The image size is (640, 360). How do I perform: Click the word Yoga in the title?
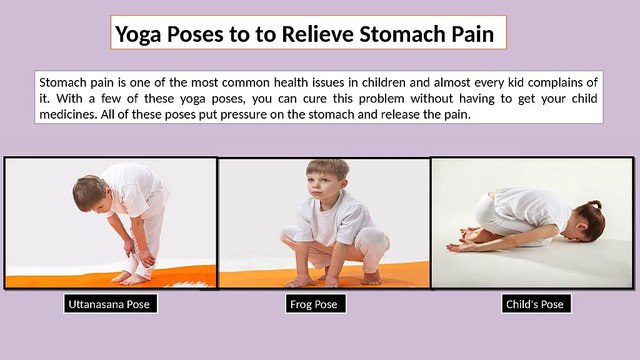139,35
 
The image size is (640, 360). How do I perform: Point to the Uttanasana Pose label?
111,304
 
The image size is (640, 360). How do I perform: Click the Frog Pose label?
314,304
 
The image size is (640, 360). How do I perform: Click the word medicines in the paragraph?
73,114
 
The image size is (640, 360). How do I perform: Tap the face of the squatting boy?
328,184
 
